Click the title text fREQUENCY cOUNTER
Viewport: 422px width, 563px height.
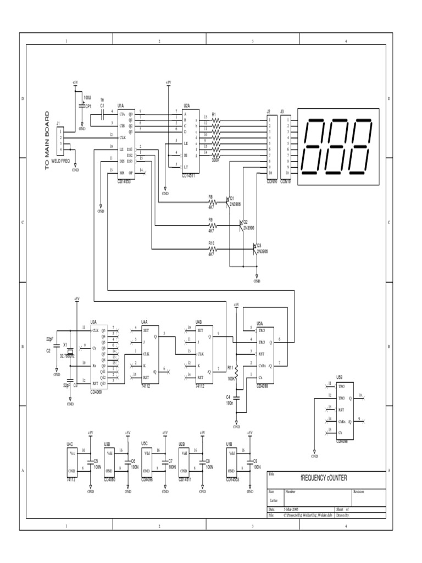point(323,478)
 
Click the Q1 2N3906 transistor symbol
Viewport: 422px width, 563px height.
point(227,202)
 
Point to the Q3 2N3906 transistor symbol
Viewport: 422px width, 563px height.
point(256,249)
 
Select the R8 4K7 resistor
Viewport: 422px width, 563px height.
point(211,202)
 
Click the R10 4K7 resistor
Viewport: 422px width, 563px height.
point(211,249)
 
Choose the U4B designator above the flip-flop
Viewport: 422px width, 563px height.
point(199,322)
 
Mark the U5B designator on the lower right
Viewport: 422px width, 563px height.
point(340,377)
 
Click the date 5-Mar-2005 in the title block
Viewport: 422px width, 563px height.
point(291,510)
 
